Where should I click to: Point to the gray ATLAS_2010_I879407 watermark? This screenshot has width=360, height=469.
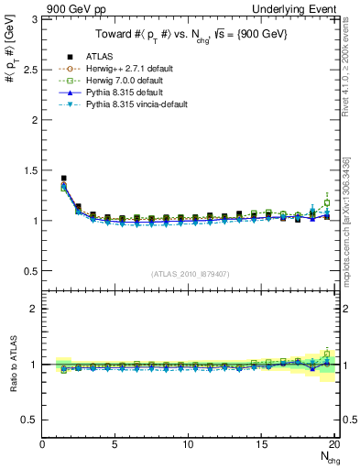pyautogui.click(x=191, y=274)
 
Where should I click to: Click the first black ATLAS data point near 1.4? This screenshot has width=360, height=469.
pyautogui.click(x=63, y=179)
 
